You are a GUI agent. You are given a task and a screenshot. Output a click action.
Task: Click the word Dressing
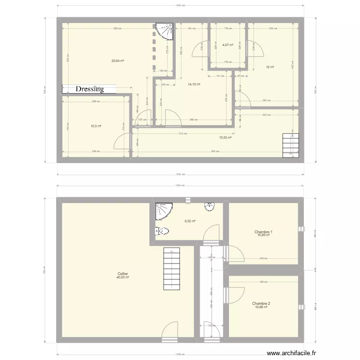[90, 89]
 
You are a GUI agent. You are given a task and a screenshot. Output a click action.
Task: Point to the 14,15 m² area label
[194, 84]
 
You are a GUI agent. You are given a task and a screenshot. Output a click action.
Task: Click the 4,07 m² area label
[228, 45]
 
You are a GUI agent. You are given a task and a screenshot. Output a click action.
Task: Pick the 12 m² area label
[270, 67]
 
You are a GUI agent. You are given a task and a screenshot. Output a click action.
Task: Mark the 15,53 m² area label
[225, 138]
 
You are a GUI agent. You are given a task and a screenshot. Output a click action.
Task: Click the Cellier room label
[123, 275]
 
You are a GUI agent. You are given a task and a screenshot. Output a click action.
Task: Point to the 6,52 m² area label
[190, 221]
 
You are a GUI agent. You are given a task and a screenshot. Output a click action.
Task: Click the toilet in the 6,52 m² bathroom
[162, 231]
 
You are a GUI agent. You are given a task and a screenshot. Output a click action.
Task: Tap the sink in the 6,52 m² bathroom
[209, 207]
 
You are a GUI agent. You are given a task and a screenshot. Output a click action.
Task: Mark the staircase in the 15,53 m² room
[290, 143]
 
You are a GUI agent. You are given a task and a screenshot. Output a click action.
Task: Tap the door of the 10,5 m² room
[122, 143]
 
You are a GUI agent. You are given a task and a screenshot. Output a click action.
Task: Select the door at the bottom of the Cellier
[169, 331]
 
